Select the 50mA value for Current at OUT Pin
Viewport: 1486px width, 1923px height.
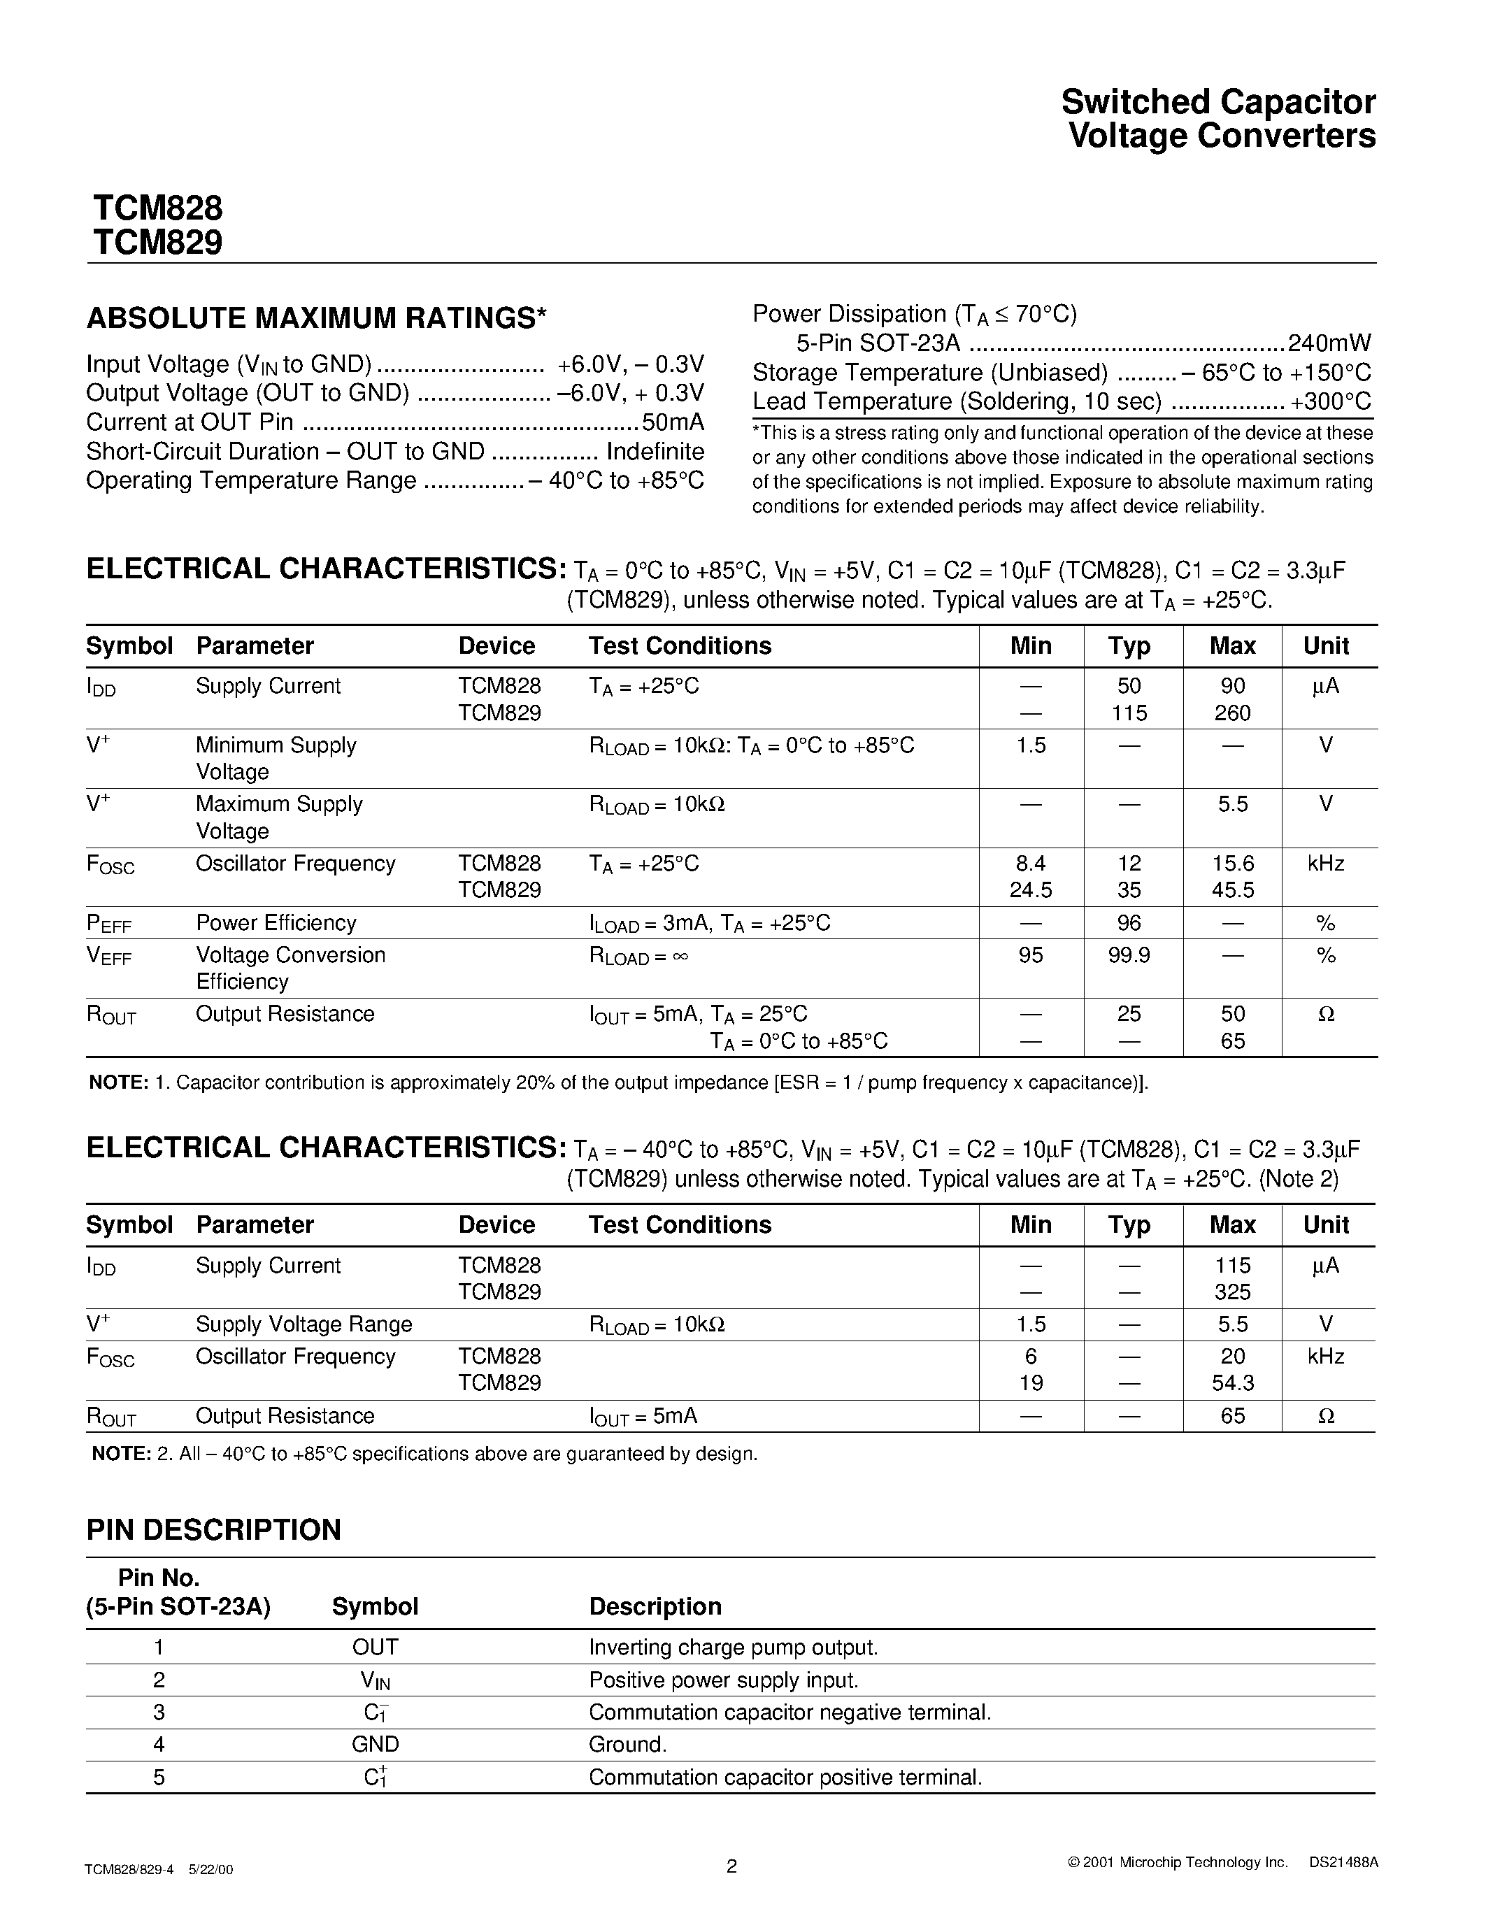pyautogui.click(x=673, y=422)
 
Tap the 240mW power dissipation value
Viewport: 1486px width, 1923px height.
pyautogui.click(x=1329, y=343)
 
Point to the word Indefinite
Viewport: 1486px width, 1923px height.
pyautogui.click(x=655, y=452)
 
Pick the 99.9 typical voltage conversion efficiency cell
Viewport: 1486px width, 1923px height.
pyautogui.click(x=1129, y=955)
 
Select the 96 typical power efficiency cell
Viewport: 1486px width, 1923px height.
pyautogui.click(x=1129, y=923)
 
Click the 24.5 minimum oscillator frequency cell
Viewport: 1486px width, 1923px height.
pyautogui.click(x=1030, y=890)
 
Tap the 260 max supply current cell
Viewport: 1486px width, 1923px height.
pyautogui.click(x=1231, y=713)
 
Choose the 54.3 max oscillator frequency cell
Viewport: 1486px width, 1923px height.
pyautogui.click(x=1231, y=1382)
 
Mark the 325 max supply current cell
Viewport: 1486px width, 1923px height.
pyautogui.click(x=1231, y=1292)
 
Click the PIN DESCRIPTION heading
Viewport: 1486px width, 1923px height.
pyautogui.click(x=213, y=1529)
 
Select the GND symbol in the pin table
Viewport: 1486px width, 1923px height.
pyautogui.click(x=375, y=1744)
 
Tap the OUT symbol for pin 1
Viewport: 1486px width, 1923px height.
pyautogui.click(x=375, y=1647)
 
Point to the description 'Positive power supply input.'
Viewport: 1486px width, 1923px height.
pyautogui.click(x=723, y=1680)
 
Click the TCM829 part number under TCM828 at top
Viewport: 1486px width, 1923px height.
pyautogui.click(x=157, y=242)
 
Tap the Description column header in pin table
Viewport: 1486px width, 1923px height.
pyautogui.click(x=655, y=1607)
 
